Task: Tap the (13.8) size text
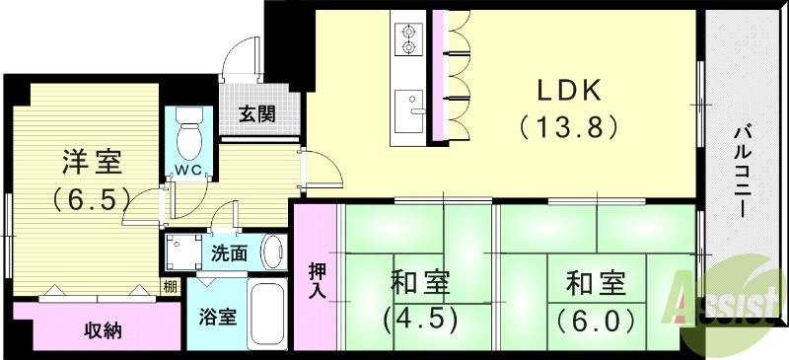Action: [568, 126]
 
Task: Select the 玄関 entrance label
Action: [255, 112]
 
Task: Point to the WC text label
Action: [188, 169]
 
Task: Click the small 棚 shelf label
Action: [171, 287]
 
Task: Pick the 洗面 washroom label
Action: [230, 252]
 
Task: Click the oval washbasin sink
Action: [273, 252]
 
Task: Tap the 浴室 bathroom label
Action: [217, 318]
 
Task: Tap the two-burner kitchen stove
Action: [407, 39]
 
